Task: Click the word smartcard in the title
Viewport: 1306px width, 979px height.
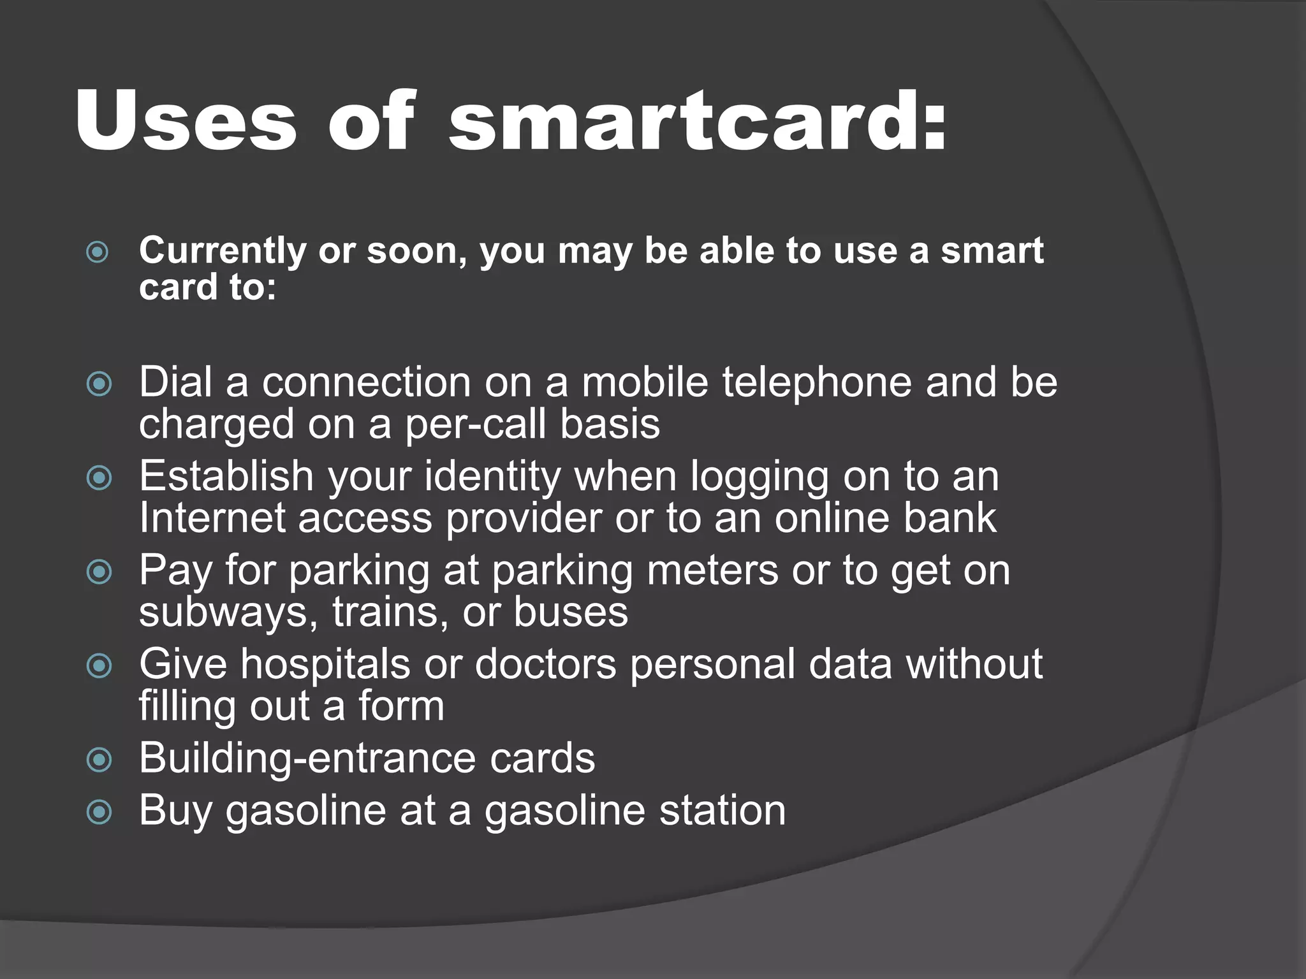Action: (697, 121)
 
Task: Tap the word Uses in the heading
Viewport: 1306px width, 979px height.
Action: (186, 121)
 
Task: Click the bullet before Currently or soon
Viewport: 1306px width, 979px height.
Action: (98, 252)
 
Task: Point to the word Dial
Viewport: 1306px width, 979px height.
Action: (175, 382)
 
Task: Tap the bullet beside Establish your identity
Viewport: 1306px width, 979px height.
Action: (99, 478)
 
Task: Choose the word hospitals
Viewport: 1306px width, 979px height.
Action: (325, 664)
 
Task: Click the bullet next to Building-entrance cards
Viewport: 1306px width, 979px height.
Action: (99, 760)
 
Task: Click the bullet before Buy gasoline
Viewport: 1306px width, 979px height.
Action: (99, 812)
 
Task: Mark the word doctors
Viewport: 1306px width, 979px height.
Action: (545, 664)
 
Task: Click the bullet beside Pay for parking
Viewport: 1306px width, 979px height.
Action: (99, 572)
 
